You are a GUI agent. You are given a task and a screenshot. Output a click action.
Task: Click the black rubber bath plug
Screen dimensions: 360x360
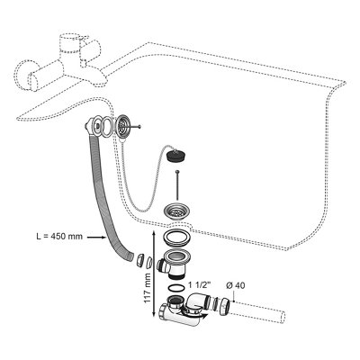[173, 155]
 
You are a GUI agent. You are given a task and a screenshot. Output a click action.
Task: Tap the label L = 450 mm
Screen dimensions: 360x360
[59, 237]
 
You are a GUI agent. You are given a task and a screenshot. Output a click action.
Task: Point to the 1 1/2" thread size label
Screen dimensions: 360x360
[200, 284]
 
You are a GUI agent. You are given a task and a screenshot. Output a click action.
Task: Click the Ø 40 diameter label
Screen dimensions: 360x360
[236, 285]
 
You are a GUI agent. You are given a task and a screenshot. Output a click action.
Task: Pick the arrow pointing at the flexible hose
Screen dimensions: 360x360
[97, 238]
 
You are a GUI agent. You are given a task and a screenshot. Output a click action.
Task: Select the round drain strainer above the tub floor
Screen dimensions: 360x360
[176, 211]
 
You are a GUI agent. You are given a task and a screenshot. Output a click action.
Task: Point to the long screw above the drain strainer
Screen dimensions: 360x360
[178, 184]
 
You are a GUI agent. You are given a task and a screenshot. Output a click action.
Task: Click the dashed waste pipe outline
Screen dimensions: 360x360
[257, 313]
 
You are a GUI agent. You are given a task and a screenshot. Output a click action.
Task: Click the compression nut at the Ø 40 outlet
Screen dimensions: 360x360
[226, 306]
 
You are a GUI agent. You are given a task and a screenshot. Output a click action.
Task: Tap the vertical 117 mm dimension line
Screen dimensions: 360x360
[155, 275]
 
